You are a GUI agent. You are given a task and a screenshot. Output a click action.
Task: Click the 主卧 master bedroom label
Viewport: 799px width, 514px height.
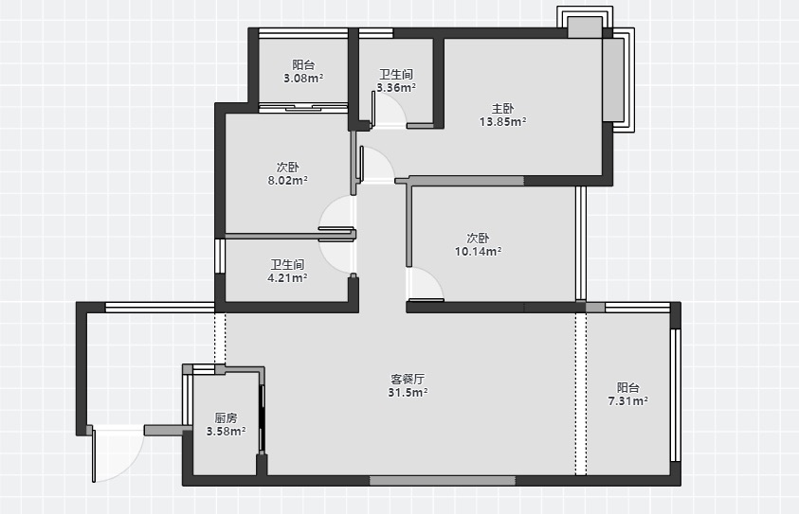[502, 109]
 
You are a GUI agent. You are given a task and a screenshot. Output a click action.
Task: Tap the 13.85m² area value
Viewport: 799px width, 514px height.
[502, 122]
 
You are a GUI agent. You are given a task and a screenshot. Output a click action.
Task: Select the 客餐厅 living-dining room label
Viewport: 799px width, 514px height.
[408, 380]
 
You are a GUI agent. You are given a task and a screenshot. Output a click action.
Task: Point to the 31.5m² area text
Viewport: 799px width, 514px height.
[408, 393]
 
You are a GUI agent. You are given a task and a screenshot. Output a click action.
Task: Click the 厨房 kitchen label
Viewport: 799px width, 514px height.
[226, 417]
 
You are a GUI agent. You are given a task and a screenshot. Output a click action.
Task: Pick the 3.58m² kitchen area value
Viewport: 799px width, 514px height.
[226, 432]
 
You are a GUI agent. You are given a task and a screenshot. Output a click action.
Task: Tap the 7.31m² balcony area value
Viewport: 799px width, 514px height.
[627, 401]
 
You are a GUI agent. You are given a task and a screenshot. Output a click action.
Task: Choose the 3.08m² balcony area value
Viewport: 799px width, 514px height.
[303, 79]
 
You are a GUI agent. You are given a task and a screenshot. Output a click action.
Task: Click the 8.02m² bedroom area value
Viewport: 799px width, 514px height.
[287, 180]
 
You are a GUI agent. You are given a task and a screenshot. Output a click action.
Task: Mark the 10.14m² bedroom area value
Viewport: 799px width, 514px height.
[478, 252]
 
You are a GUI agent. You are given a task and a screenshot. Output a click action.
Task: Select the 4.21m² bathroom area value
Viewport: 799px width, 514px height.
[287, 278]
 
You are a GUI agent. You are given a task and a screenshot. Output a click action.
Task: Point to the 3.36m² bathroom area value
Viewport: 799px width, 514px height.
[396, 87]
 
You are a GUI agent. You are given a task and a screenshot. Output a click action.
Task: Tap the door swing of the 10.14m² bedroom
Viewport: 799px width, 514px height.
[425, 284]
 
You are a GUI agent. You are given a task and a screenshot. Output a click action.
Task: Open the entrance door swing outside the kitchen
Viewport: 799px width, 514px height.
[118, 454]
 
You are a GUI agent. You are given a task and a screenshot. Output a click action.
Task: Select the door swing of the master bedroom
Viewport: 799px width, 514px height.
[376, 164]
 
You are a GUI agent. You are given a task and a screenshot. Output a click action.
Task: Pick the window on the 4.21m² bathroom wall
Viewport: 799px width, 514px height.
[220, 256]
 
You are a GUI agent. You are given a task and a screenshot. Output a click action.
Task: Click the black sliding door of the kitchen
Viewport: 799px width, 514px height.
[262, 418]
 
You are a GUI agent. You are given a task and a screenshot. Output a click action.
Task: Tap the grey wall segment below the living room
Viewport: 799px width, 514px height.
[443, 481]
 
